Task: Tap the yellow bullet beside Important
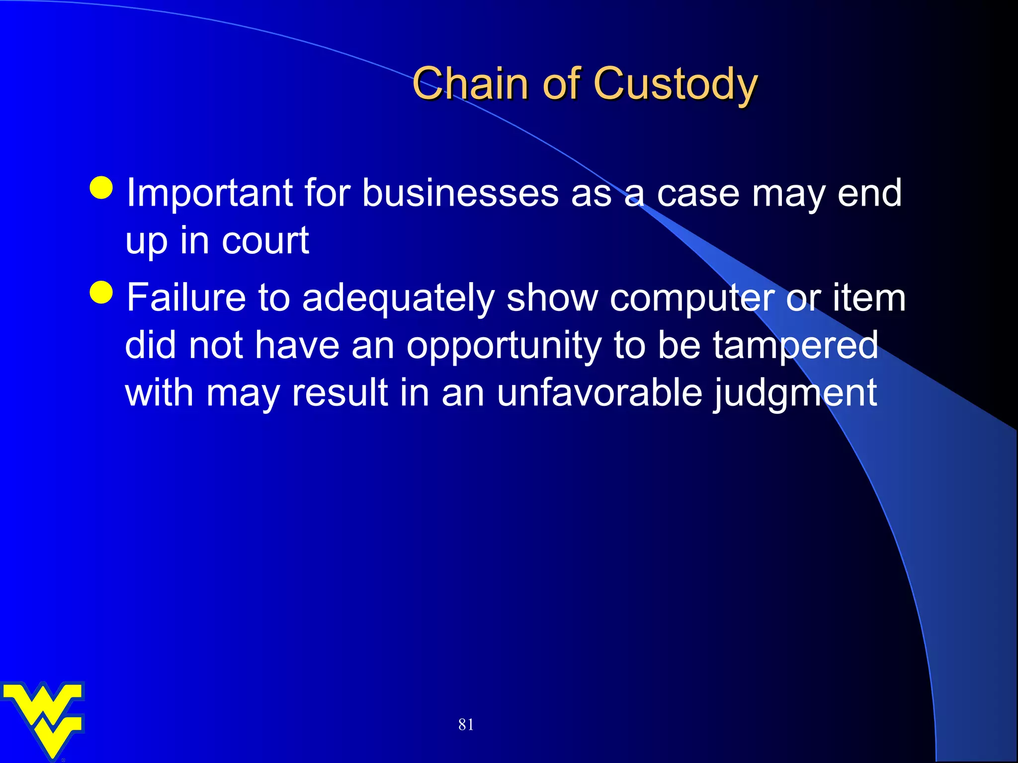102,188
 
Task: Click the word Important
209,194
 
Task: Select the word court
265,241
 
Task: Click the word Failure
186,298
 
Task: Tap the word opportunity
504,347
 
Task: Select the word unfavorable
599,393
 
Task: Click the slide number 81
466,724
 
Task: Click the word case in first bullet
698,194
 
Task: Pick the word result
339,393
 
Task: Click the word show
552,298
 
